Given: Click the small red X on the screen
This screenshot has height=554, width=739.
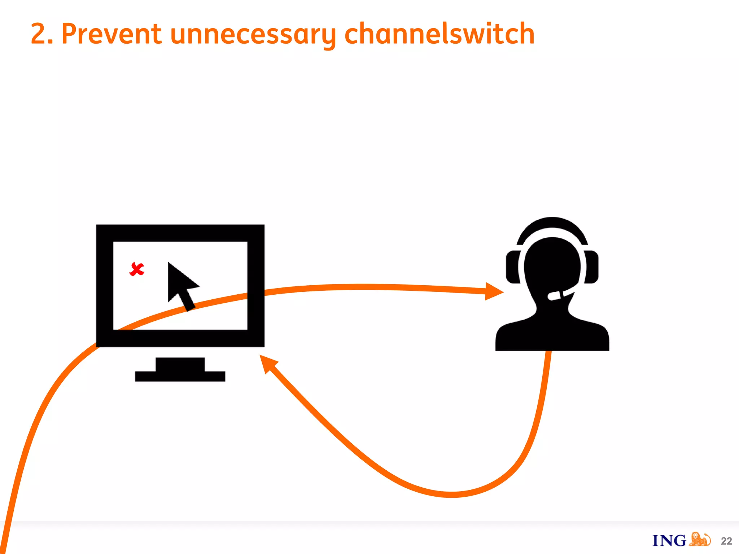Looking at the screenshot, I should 137,269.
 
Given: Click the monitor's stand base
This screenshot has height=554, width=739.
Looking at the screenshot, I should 180,376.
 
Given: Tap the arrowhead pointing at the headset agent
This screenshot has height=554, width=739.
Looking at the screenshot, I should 494,291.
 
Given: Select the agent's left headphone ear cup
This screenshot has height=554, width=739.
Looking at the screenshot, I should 512,267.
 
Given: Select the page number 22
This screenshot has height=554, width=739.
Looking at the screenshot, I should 726,541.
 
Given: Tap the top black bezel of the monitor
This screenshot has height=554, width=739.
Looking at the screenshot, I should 180,233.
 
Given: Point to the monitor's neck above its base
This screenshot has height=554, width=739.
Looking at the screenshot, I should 180,364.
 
